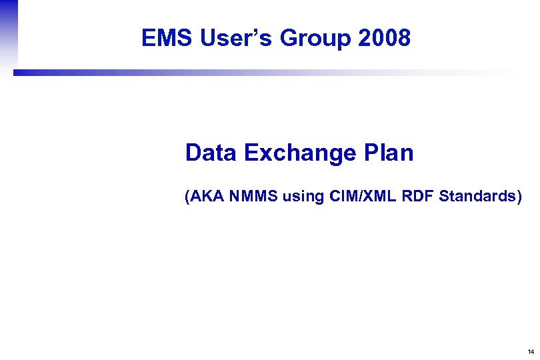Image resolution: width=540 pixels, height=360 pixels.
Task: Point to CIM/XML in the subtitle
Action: tap(360, 197)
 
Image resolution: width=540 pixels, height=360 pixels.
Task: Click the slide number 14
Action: tap(530, 351)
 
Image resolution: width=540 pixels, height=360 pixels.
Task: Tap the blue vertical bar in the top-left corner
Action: tap(8, 33)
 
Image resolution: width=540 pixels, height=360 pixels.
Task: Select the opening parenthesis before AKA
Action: tap(188, 197)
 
